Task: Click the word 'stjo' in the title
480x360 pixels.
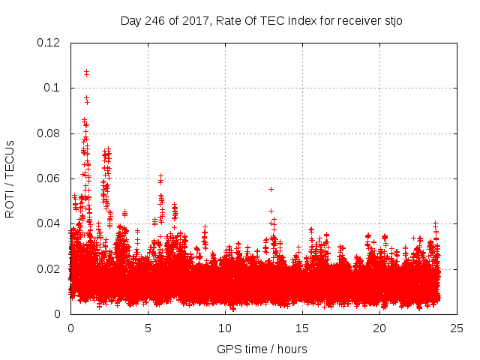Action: pos(392,20)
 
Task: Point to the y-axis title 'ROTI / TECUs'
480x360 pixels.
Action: pos(10,178)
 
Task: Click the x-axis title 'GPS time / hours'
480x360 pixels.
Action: pos(262,349)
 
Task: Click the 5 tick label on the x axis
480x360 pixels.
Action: pos(148,328)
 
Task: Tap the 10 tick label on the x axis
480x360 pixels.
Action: pos(225,328)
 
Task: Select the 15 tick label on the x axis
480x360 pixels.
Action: pos(302,328)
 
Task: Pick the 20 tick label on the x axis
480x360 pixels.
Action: pos(379,328)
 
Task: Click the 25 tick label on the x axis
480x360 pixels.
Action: pos(457,328)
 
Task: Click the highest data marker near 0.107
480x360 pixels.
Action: pos(86,72)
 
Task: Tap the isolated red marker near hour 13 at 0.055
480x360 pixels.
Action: pos(271,189)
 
